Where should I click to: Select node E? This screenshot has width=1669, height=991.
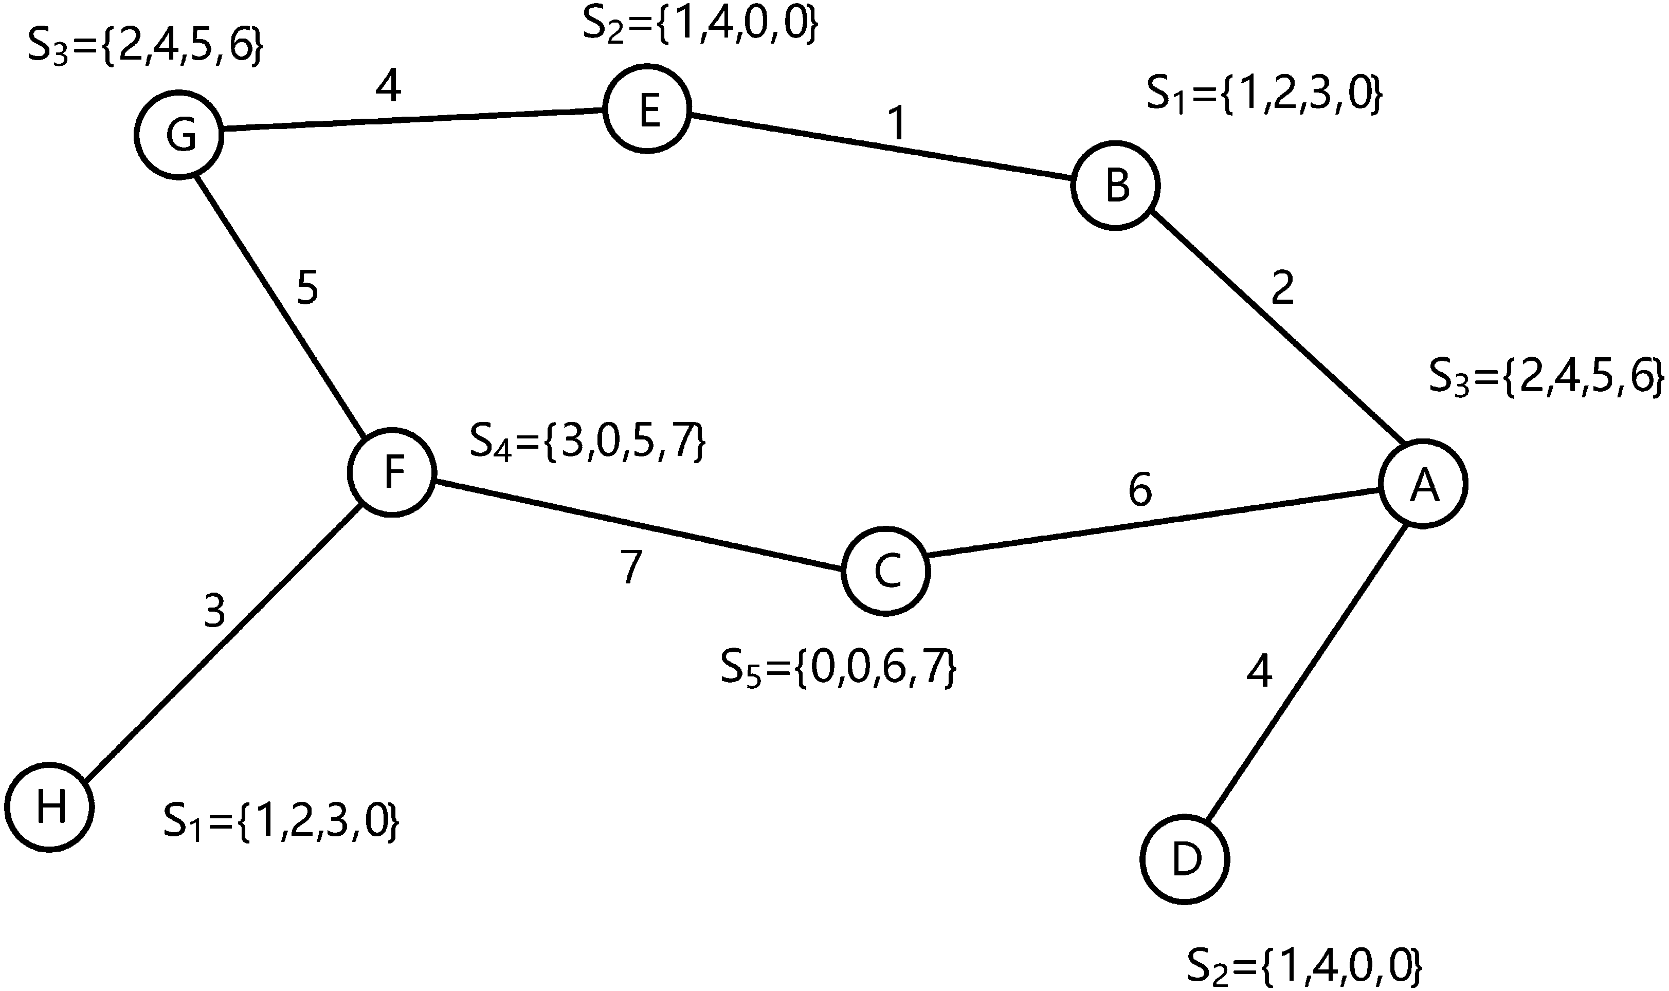(x=646, y=109)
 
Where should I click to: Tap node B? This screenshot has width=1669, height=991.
(x=1115, y=186)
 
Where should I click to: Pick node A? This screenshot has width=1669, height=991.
(x=1423, y=484)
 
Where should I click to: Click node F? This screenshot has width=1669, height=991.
(x=393, y=472)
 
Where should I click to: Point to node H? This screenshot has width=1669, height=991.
(x=49, y=806)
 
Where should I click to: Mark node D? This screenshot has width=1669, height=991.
(x=1185, y=859)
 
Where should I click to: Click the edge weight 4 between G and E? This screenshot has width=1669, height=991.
(x=388, y=87)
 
